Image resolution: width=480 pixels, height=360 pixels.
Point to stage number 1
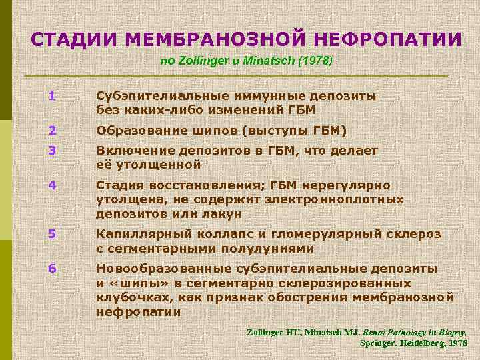tap(51, 96)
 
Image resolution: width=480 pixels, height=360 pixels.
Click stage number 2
tap(51, 130)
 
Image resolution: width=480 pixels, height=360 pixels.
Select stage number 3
tap(51, 151)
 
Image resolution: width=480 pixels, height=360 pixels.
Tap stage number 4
tap(51, 185)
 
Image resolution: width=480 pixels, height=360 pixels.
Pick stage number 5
tap(51, 234)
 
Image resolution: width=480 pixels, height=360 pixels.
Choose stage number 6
tap(51, 268)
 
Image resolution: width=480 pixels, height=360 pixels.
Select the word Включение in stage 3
tap(128, 151)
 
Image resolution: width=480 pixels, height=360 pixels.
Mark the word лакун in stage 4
tap(224, 213)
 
